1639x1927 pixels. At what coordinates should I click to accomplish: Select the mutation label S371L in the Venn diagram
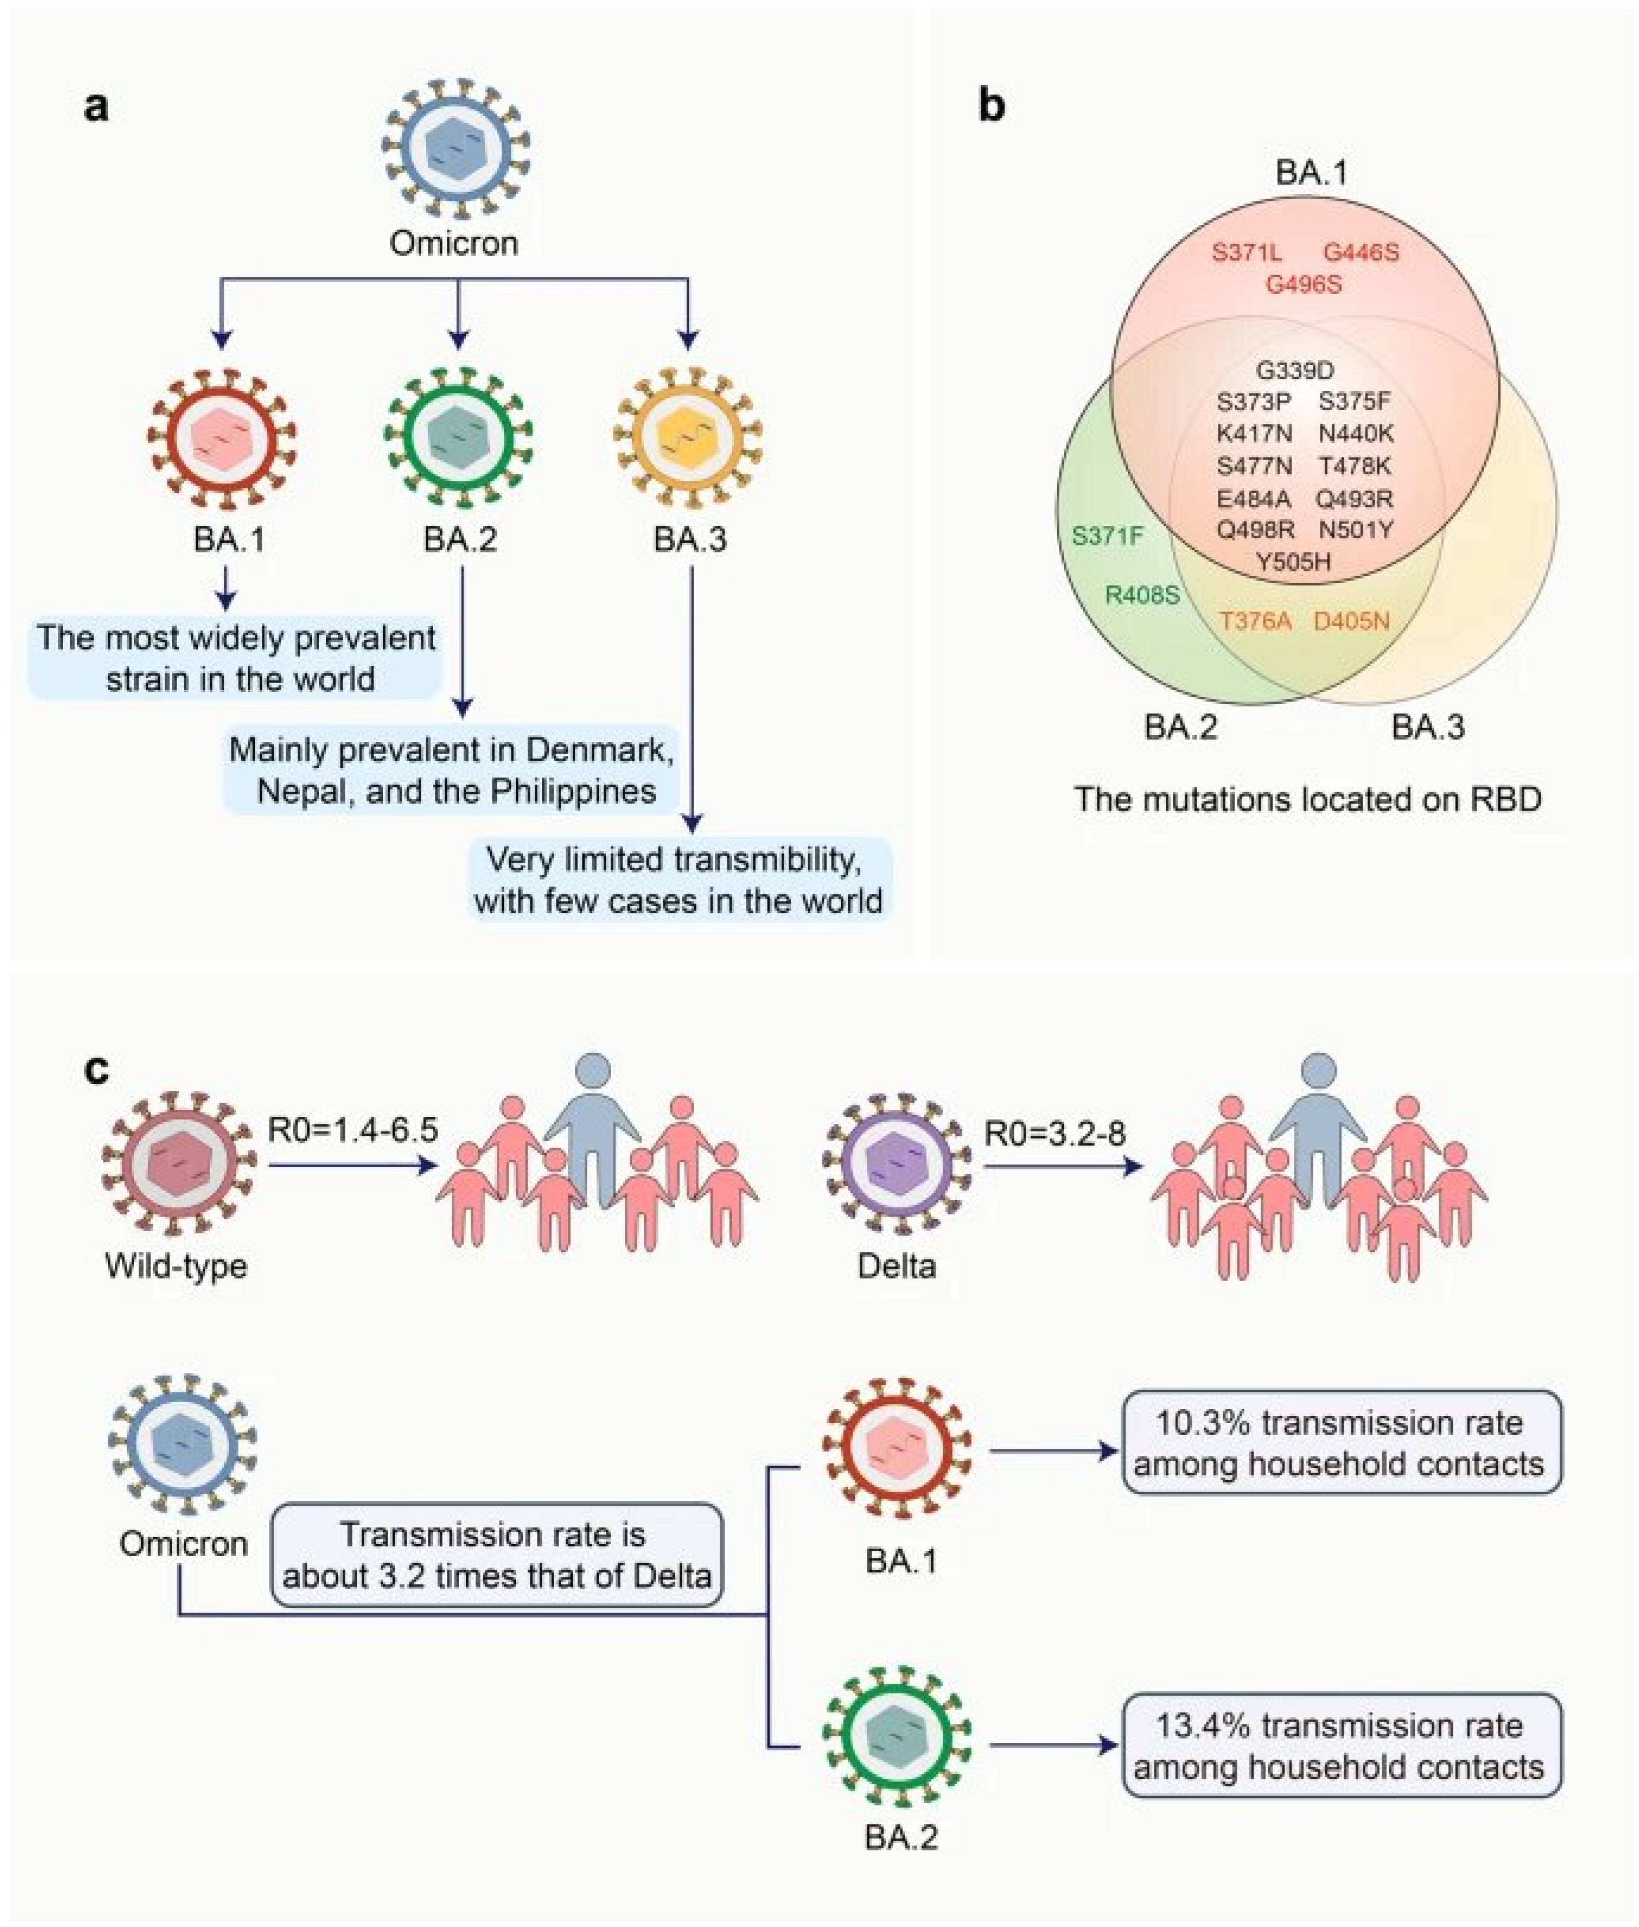[x=1246, y=252]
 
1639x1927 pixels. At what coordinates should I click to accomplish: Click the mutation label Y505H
[x=1293, y=561]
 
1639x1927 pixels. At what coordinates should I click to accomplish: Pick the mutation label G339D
[x=1294, y=371]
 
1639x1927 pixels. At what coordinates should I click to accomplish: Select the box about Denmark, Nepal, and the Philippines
[x=452, y=770]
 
